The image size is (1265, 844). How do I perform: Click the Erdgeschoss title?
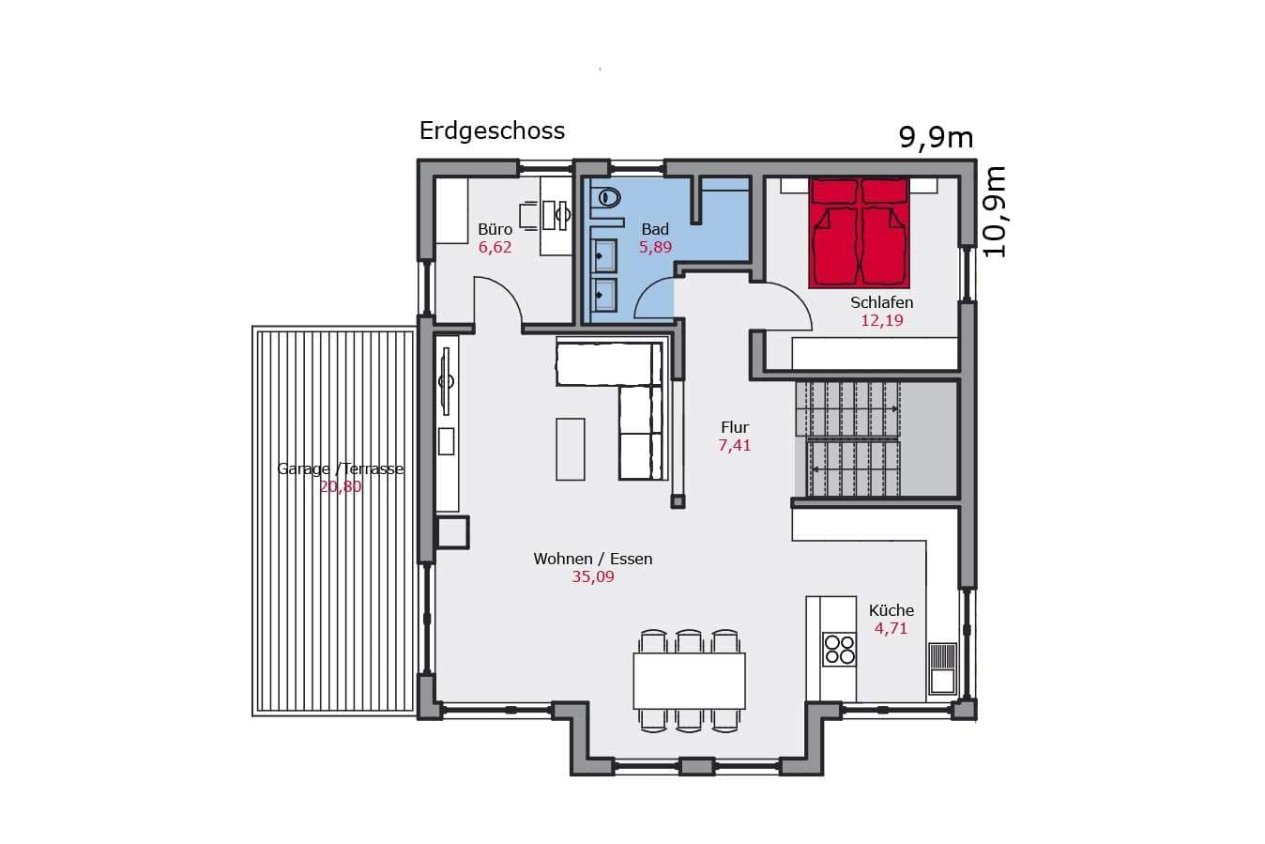pos(492,131)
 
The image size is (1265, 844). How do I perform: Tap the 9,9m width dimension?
pos(936,138)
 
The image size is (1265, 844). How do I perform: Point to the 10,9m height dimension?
pos(995,212)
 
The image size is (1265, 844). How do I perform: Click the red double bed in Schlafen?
pos(859,233)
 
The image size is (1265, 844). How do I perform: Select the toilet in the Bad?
pos(608,198)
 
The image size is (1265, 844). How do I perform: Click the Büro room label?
pos(495,229)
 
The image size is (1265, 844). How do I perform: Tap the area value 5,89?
pos(655,247)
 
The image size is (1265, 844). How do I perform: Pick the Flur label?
pos(735,427)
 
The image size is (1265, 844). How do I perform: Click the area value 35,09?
pos(592,576)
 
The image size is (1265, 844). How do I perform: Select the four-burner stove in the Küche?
pos(839,649)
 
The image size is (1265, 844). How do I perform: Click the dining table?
pos(689,681)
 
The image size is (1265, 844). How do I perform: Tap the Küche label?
pos(892,610)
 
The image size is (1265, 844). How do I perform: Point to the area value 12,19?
pos(881,320)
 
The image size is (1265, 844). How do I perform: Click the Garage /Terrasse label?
pos(340,468)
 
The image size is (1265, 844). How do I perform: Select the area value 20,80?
pos(340,486)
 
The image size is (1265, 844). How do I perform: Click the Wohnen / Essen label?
pos(593,559)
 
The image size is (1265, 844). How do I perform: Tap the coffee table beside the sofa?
pos(571,449)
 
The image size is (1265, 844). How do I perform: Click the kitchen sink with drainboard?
pos(942,668)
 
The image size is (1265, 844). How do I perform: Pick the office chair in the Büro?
pos(529,215)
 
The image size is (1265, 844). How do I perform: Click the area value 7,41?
pos(735,445)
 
